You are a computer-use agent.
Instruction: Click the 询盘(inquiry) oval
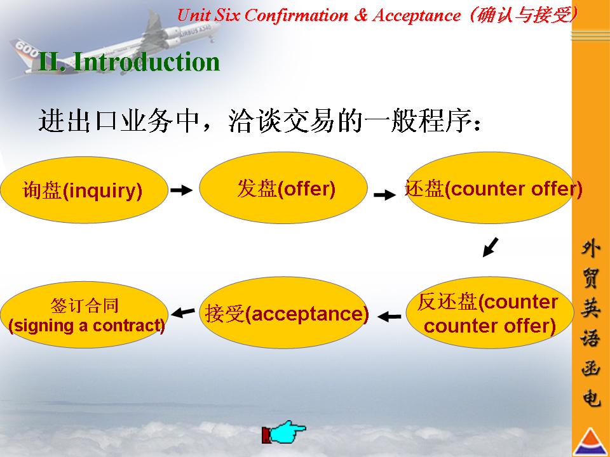pos(84,190)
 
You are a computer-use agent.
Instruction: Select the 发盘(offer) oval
pos(283,188)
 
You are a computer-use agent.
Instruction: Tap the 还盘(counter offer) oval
pos(490,188)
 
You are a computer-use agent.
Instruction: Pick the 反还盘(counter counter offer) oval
pos(490,312)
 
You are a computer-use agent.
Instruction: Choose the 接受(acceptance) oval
pos(283,312)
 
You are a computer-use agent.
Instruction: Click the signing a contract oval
pos(84,314)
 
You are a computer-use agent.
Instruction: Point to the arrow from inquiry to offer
pos(181,190)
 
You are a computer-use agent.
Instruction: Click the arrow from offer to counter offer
pos(385,194)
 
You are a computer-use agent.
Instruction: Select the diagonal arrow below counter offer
pos(490,247)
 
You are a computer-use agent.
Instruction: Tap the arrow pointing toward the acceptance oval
pos(389,317)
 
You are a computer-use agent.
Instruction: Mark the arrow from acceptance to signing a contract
pos(183,312)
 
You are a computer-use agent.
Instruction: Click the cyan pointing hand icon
pos(284,432)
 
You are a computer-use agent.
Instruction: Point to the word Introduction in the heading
pos(146,62)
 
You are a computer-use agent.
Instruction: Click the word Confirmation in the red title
pos(296,15)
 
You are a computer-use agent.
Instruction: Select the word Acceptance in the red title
pos(417,16)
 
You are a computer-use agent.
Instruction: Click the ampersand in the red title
pos(361,15)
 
